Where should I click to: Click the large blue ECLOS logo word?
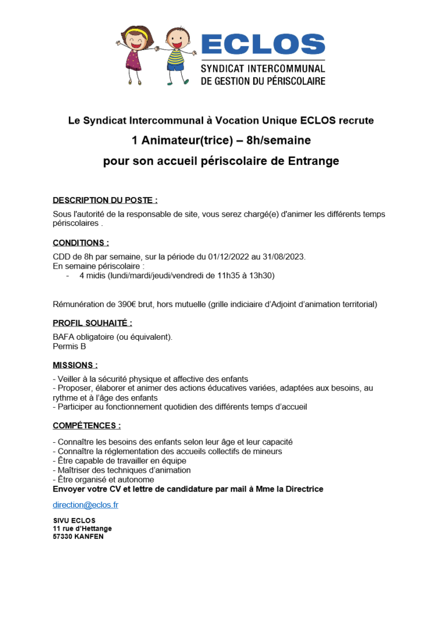(263, 45)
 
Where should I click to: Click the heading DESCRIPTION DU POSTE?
(105, 200)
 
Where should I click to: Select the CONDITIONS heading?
(81, 243)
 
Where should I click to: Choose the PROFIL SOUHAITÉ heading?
(92, 323)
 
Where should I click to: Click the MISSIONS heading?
(75, 365)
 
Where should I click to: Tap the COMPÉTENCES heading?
(86, 426)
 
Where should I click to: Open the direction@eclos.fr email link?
(85, 505)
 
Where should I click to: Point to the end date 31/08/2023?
(284, 256)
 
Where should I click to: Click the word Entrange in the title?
(311, 161)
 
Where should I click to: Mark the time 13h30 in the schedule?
(263, 275)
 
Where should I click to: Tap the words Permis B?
(69, 346)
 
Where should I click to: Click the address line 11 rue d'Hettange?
(82, 528)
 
